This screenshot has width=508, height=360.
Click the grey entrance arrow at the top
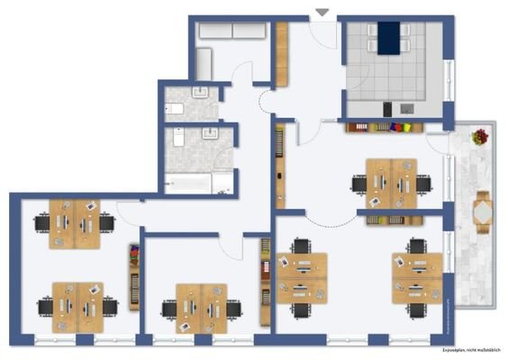point(322,12)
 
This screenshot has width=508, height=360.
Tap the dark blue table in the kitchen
point(388,38)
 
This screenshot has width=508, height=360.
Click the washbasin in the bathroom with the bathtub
point(213,135)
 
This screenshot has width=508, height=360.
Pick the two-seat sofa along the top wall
point(232,30)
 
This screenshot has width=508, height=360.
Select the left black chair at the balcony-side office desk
point(359,184)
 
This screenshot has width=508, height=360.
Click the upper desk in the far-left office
point(76,219)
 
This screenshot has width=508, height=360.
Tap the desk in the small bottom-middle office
point(202,303)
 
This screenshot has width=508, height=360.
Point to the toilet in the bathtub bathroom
point(177,138)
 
